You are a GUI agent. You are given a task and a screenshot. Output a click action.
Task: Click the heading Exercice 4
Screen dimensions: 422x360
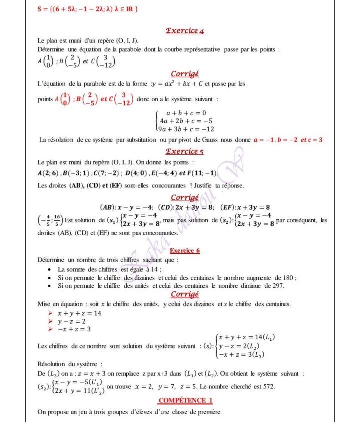(185, 31)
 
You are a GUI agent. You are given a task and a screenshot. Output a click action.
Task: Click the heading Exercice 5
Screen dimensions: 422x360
(185, 151)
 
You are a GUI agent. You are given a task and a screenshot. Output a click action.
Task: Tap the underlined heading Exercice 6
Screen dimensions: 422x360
(185, 250)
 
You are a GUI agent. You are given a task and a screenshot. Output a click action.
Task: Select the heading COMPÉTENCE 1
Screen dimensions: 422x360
(185, 400)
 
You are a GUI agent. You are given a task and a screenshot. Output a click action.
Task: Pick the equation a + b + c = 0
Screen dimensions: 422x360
(186, 113)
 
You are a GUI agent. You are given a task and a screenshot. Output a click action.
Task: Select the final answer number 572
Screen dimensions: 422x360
(268, 386)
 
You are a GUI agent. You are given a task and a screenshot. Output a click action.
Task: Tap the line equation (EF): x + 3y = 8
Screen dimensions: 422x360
(246, 206)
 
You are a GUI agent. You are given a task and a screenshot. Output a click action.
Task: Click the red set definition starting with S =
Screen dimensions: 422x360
(88, 9)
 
